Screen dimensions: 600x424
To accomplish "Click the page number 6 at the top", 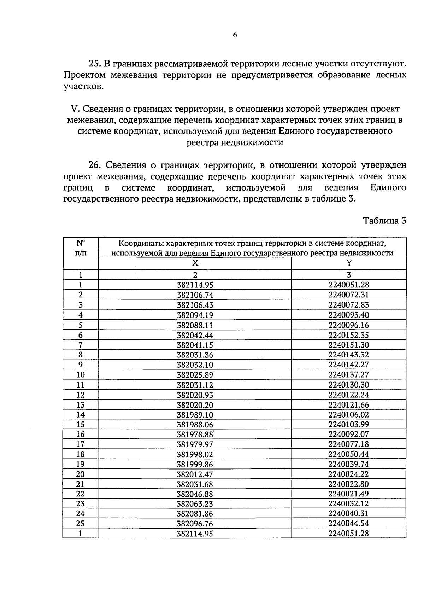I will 235,35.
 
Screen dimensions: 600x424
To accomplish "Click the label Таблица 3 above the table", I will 384,221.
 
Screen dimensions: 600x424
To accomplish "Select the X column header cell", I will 195,263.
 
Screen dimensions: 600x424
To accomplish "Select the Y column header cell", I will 349,263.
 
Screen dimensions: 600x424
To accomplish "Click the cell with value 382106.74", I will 195,295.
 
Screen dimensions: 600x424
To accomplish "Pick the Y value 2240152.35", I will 348,335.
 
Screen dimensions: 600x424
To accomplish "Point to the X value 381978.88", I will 195,435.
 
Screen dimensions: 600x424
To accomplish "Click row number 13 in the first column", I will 81,405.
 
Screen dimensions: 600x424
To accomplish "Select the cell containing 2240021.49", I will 348,494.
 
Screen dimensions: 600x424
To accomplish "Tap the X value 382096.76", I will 195,524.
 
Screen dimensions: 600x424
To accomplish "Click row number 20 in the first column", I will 81,474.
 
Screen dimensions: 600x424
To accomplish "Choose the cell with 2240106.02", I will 348,415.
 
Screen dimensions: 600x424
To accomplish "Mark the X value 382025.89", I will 195,375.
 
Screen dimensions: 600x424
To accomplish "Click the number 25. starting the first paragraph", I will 95,64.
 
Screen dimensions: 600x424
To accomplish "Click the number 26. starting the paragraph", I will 95,165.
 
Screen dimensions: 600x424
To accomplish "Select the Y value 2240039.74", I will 348,464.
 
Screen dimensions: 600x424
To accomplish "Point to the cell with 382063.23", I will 195,504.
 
